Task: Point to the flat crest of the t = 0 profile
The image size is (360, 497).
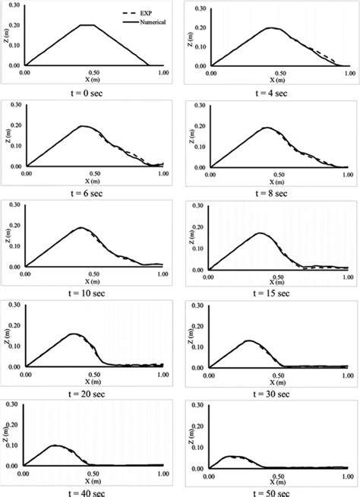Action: (x=88, y=25)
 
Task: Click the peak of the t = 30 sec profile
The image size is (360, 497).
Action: (x=250, y=340)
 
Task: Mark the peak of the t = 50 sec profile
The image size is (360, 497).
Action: (x=235, y=456)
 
